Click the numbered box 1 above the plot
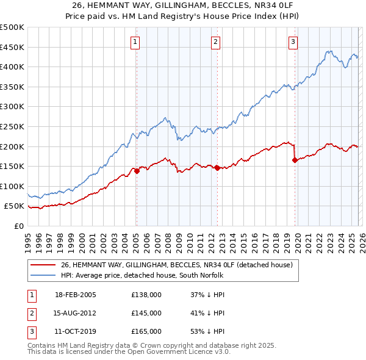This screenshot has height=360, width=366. (134, 41)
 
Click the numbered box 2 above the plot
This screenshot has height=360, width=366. (216, 41)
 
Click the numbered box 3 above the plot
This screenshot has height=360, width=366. (293, 41)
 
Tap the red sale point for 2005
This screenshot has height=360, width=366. (137, 171)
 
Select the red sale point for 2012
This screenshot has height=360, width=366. (217, 168)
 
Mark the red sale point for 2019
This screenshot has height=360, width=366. (295, 160)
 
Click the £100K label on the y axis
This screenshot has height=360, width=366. (12, 186)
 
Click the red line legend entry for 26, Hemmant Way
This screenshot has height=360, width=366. (177, 265)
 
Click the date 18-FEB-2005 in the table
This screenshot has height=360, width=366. (76, 295)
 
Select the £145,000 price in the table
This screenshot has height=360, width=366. (146, 313)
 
